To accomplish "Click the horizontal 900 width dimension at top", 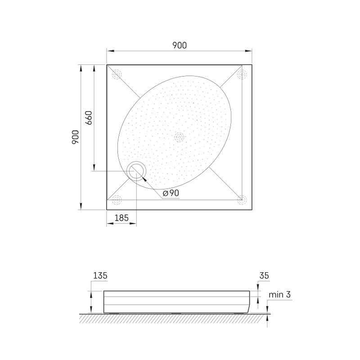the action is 180,45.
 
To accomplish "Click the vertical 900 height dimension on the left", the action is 76,137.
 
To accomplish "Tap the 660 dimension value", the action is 89,118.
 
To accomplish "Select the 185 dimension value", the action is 121,218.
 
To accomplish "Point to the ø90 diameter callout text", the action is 171,193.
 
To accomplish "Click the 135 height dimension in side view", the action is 100,275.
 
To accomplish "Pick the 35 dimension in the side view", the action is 264,275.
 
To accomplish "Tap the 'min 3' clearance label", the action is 279,294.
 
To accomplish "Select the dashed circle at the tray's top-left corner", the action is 117,74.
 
